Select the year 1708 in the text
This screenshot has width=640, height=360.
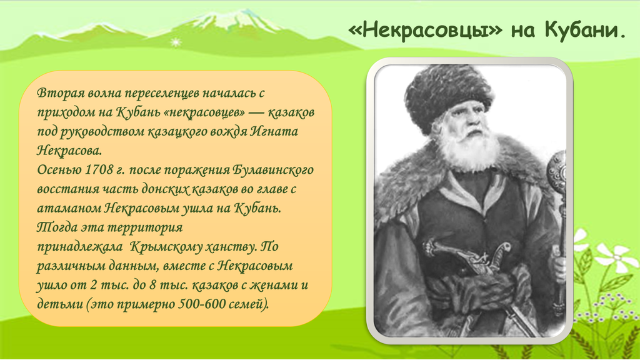(x=98, y=169)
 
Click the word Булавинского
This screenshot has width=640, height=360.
(x=273, y=170)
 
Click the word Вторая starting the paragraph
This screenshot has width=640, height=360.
(x=59, y=92)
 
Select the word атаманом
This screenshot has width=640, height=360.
(x=69, y=208)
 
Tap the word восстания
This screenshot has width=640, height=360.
(x=68, y=189)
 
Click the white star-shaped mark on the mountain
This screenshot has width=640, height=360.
(x=176, y=42)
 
